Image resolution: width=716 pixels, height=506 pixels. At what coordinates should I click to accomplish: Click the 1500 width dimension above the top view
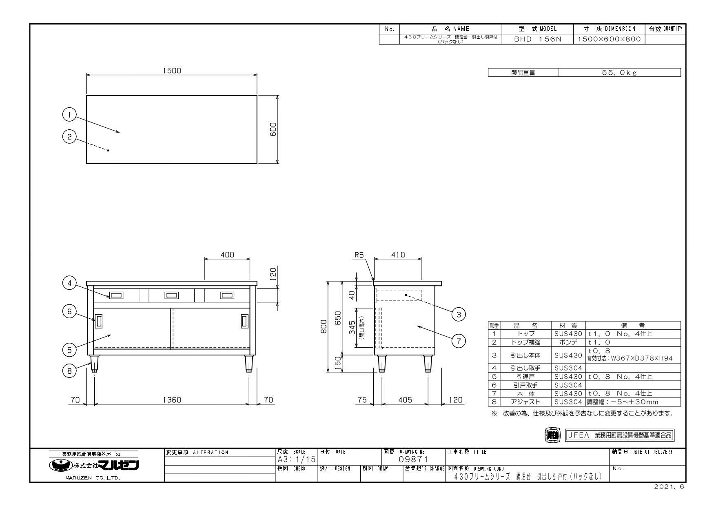pos(172,71)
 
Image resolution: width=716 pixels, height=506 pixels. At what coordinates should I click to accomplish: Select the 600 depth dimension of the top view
pos(273,129)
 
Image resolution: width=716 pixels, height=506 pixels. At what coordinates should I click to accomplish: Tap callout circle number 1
pos(69,115)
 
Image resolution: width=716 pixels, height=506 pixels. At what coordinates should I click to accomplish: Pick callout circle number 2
pos(69,137)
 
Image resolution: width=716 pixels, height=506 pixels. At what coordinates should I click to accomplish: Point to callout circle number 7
pos(459,341)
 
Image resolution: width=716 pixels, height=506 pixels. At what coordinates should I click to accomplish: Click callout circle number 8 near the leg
pos(69,371)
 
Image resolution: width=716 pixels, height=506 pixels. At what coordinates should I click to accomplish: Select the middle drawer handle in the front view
pos(171,295)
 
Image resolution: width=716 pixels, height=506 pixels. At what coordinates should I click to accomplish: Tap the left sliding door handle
pos(98,321)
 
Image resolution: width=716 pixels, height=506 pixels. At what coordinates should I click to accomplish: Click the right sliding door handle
pos(244,321)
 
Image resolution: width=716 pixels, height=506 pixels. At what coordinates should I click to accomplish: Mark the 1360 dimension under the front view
pos(172,400)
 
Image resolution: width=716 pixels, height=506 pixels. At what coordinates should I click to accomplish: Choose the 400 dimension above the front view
pos(227,255)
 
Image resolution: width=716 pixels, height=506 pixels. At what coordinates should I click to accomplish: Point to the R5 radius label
pos(359,255)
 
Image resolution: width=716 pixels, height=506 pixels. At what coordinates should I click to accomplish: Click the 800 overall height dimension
pos(324,326)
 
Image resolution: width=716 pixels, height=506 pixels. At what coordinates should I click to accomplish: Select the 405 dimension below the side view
pos(405,400)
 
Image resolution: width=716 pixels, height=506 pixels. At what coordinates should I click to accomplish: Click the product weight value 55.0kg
pos(619,73)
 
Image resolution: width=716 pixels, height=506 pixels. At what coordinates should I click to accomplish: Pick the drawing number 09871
pos(414,459)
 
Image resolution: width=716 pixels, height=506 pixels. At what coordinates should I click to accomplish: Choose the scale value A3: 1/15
pos(296,459)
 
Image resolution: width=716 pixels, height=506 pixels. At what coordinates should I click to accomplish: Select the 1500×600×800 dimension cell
pos(609,40)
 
